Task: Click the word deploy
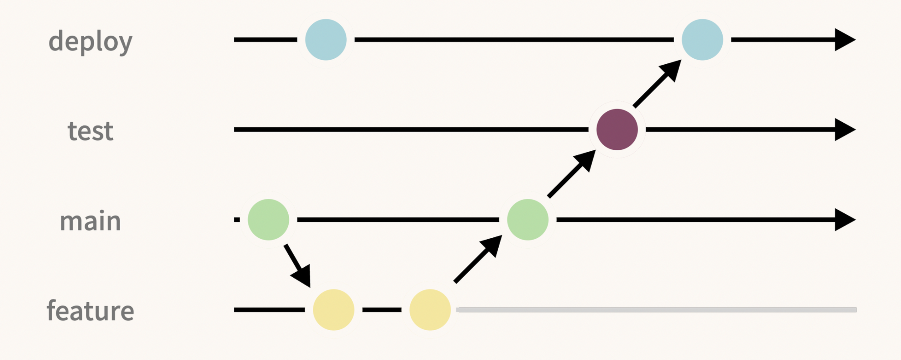coord(90,41)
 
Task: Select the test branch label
coord(90,131)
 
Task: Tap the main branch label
coord(90,221)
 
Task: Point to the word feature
coord(90,311)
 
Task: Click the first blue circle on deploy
coord(326,40)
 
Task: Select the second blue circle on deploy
coord(702,40)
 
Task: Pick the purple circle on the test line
coord(617,130)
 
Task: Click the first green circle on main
coord(268,220)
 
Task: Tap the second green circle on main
coord(527,220)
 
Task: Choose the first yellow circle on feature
coord(333,310)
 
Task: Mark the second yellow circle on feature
coord(430,310)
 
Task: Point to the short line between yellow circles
coord(382,310)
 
